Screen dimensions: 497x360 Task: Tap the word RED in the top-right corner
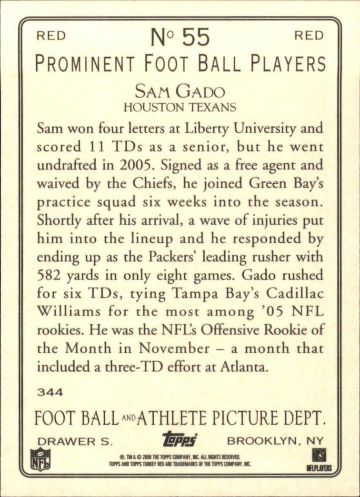point(309,36)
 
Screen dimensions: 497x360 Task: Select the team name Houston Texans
point(180,107)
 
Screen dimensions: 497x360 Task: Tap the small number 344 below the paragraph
point(50,393)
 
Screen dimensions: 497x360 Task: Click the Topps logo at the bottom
point(180,439)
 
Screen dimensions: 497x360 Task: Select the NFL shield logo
point(40,459)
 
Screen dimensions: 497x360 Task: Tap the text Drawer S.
point(74,440)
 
